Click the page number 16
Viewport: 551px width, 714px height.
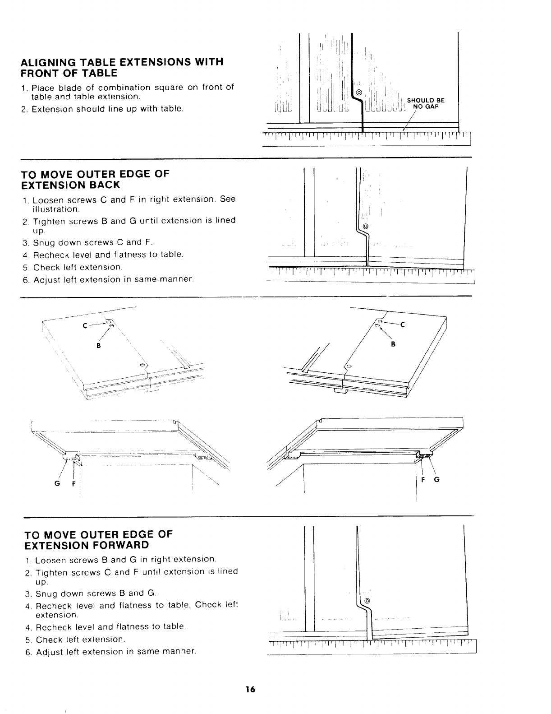pyautogui.click(x=251, y=689)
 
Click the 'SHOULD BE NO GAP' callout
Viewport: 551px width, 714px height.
pyautogui.click(x=425, y=104)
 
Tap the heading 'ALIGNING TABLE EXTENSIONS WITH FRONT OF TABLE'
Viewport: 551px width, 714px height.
pyautogui.click(x=123, y=67)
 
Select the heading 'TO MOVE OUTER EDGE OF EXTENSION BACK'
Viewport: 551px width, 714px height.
pyautogui.click(x=95, y=179)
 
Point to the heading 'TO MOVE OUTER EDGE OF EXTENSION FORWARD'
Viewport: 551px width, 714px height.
pyautogui.click(x=98, y=539)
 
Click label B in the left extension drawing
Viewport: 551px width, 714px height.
pyautogui.click(x=98, y=345)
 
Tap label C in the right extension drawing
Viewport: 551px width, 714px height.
pyautogui.click(x=403, y=325)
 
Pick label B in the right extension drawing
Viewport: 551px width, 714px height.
pyautogui.click(x=393, y=344)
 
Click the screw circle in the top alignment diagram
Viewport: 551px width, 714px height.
pyautogui.click(x=359, y=93)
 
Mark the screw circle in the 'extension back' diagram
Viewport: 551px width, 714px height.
pyautogui.click(x=365, y=226)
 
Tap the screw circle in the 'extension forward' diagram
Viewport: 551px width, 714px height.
pyautogui.click(x=367, y=601)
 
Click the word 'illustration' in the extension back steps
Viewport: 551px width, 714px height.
pyautogui.click(x=56, y=209)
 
